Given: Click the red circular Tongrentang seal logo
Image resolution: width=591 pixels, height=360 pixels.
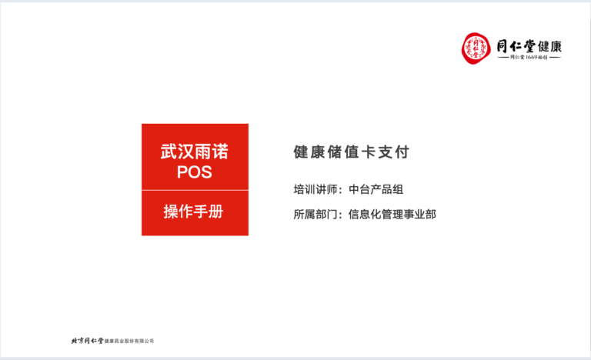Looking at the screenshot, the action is [x=476, y=48].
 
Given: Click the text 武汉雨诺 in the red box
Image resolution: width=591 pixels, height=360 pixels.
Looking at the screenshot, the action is [x=195, y=152].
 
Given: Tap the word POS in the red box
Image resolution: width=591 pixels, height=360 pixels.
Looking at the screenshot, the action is [x=195, y=172].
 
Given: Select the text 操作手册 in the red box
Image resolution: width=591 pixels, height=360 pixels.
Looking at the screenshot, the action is [x=194, y=212].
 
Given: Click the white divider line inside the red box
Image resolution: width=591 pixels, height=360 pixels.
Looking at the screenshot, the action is [x=195, y=190].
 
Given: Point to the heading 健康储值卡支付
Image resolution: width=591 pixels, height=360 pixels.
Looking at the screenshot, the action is [x=351, y=152].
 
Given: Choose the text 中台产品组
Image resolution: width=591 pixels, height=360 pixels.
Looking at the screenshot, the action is [x=376, y=189].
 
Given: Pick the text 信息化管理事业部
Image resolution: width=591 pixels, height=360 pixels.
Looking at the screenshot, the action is [x=392, y=214].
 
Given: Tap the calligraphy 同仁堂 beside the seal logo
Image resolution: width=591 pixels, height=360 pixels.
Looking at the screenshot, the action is [x=516, y=46].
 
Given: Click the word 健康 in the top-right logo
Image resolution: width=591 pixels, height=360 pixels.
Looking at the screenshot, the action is [x=550, y=47].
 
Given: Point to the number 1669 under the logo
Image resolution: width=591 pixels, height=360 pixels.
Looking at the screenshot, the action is [x=532, y=57].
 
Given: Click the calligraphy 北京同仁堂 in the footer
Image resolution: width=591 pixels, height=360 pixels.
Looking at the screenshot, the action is [x=87, y=341].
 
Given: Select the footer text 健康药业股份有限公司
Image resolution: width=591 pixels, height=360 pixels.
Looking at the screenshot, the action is [x=129, y=341].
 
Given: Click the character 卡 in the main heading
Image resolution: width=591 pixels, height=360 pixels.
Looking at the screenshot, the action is [x=369, y=152].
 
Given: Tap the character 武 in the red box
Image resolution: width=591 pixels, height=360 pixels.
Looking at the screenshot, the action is [x=169, y=152].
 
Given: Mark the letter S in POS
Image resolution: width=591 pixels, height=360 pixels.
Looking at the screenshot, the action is [x=206, y=172].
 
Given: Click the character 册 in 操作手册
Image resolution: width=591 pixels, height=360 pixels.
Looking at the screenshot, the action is [x=217, y=212].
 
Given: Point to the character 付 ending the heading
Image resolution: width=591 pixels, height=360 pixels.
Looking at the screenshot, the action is [x=402, y=152].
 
